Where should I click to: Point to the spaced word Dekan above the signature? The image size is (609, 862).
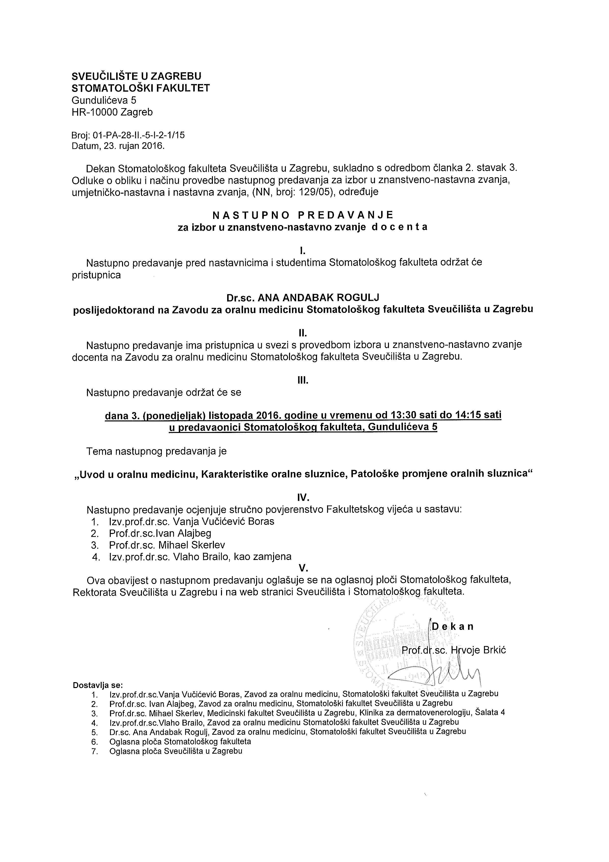tap(453, 626)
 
